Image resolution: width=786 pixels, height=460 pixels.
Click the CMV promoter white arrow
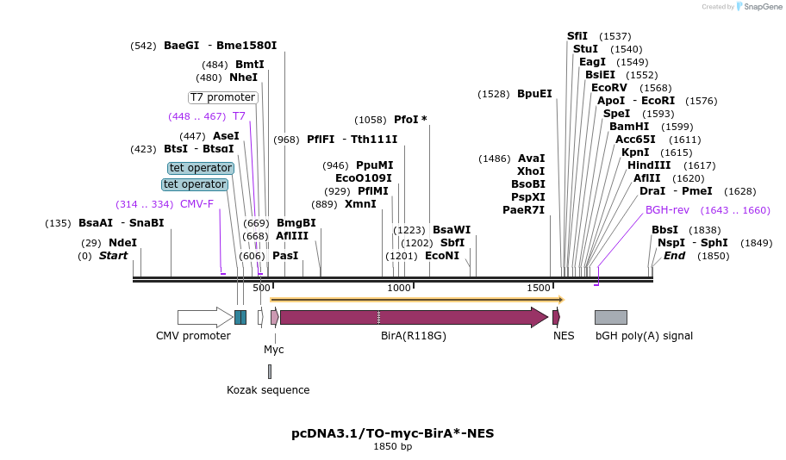204,317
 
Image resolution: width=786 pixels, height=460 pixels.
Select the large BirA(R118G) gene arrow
414,317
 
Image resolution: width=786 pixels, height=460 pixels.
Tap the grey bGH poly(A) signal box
610,317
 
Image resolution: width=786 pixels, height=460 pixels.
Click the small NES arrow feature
556,317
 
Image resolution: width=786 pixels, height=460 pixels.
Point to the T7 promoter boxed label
222,97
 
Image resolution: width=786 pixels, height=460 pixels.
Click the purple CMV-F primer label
196,204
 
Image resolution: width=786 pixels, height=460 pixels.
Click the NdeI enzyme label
122,243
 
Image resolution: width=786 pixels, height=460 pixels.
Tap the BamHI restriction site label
629,127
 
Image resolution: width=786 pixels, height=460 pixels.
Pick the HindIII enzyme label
648,165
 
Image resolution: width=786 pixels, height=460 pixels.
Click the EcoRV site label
608,88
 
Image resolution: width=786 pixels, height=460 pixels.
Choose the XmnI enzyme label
360,204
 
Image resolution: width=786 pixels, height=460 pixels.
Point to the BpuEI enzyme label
534,94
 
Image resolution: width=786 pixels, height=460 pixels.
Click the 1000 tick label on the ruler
399,288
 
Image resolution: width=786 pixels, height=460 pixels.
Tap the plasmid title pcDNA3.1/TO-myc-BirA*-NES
392,432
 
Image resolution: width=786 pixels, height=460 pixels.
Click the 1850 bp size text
392,447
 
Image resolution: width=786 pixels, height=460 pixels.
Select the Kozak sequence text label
268,390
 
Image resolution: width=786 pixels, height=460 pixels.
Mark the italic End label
674,256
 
